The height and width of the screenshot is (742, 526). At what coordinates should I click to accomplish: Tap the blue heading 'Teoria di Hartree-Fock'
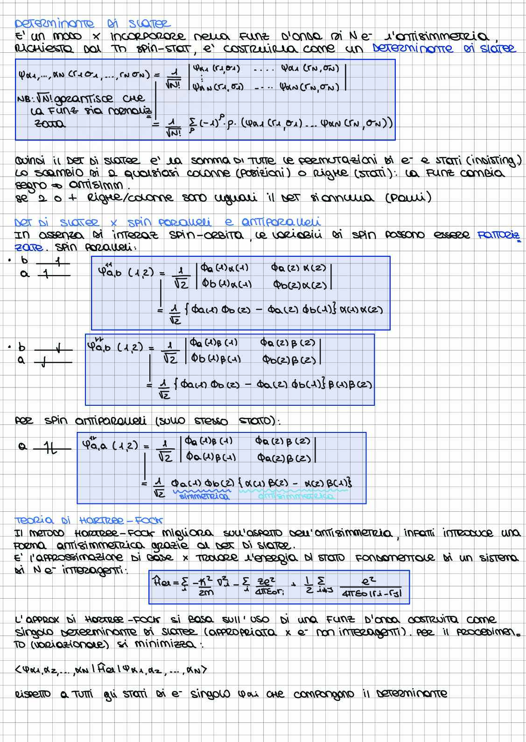click(x=88, y=520)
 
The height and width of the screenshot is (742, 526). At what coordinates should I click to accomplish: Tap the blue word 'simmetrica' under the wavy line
click(x=205, y=497)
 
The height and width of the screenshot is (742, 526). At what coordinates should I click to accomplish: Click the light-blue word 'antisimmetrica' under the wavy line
click(x=296, y=497)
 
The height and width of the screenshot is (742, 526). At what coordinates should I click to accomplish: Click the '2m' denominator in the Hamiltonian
click(x=206, y=593)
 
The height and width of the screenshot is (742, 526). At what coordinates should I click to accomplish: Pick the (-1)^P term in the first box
click(x=202, y=123)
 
